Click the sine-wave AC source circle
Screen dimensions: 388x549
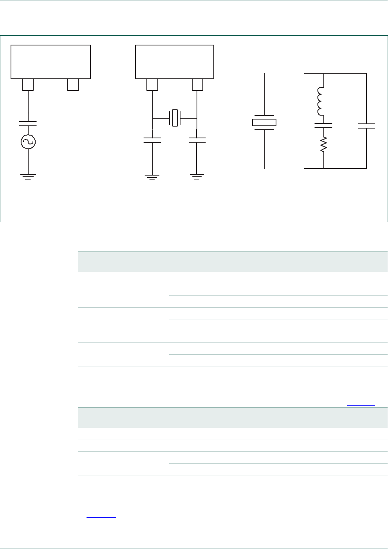click(x=28, y=141)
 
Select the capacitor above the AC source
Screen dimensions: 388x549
click(x=28, y=123)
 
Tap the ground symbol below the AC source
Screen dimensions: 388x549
click(x=28, y=177)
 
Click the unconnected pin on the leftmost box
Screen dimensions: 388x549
click(x=73, y=85)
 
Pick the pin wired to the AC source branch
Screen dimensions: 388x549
click(x=28, y=85)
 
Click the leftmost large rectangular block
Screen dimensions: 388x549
click(x=51, y=62)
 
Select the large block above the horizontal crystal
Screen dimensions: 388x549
click(x=175, y=62)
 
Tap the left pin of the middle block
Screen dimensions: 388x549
click(x=152, y=85)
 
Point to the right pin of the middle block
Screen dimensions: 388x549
click(x=197, y=85)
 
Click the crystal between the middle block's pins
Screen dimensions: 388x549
click(x=175, y=118)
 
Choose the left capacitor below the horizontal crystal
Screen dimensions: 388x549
click(x=152, y=140)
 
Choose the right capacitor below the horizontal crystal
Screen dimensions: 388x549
click(x=197, y=140)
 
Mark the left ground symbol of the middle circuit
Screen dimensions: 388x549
click(x=152, y=177)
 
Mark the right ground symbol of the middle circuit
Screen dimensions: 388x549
click(x=197, y=177)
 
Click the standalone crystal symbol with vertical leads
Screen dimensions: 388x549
click(x=264, y=122)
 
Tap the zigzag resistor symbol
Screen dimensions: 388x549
click(x=324, y=145)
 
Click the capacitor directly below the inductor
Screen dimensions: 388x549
click(x=324, y=125)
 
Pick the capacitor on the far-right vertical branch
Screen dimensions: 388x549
click(x=366, y=126)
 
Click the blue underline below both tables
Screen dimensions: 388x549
click(x=101, y=518)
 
